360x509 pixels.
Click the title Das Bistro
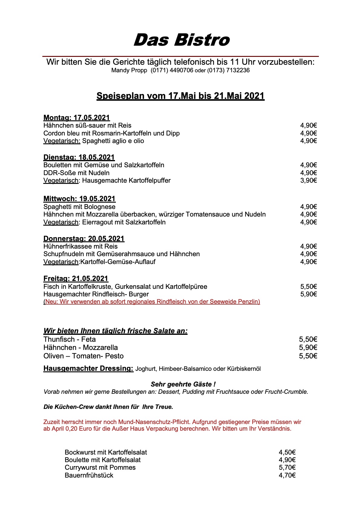point(182,40)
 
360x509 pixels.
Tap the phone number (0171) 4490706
point(172,70)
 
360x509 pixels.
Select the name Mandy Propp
point(129,70)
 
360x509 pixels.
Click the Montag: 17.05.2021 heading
point(77,118)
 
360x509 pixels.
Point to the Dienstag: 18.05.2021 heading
point(79,157)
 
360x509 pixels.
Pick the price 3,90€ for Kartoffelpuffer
point(308,181)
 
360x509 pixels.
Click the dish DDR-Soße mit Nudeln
point(77,173)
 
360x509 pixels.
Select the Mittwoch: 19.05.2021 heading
point(80,199)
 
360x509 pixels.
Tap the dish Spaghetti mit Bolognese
point(80,207)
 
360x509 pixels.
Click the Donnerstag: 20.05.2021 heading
point(84,239)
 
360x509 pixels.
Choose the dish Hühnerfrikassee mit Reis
point(80,246)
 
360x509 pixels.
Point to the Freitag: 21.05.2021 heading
point(76,279)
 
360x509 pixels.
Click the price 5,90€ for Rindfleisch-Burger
point(308,294)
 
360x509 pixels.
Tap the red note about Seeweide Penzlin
point(152,302)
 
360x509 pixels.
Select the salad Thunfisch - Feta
point(70,339)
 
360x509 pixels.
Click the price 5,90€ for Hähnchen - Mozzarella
point(308,348)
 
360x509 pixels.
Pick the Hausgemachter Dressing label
point(88,368)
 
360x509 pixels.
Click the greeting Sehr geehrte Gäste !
point(183,384)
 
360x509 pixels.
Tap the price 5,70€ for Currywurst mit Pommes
point(287,468)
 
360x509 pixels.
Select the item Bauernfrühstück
point(89,475)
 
